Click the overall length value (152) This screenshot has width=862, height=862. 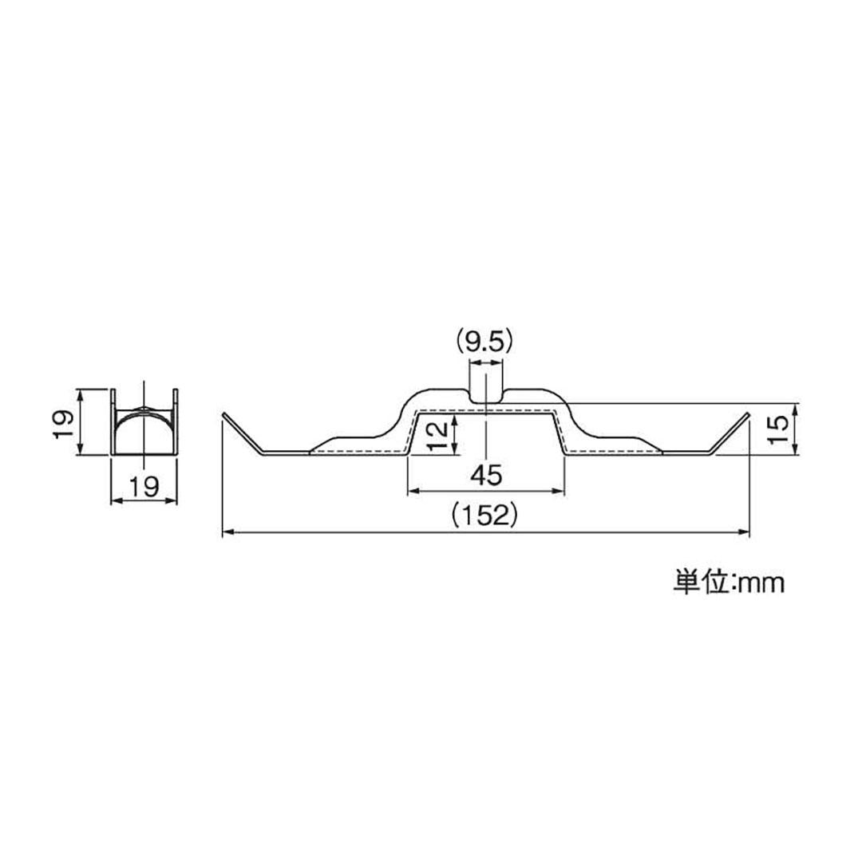pyautogui.click(x=485, y=516)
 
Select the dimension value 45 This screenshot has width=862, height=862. pyautogui.click(x=485, y=476)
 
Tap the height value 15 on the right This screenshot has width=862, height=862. pyautogui.click(x=781, y=429)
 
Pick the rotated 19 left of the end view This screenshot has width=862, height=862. pyautogui.click(x=65, y=421)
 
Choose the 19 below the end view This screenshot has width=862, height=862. pyautogui.click(x=142, y=484)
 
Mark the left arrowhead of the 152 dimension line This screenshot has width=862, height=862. pyautogui.click(x=227, y=532)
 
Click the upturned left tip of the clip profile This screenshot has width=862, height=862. pyautogui.click(x=223, y=415)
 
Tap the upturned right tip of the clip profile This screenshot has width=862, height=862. pyautogui.click(x=747, y=414)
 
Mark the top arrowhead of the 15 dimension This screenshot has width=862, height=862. pyautogui.click(x=795, y=407)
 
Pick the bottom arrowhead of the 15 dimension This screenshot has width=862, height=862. pyautogui.click(x=795, y=450)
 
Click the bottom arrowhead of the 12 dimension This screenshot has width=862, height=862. pyautogui.click(x=454, y=449)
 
